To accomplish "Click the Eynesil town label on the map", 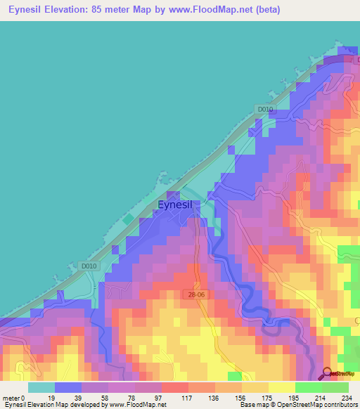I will (179, 205).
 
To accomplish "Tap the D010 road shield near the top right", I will (264, 109).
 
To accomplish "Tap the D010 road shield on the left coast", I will (88, 266).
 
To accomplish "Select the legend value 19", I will (51, 398).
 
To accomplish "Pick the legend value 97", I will (160, 398).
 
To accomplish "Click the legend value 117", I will (187, 398).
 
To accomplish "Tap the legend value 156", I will (241, 398).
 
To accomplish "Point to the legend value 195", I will (295, 398).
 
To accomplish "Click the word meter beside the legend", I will (11, 398).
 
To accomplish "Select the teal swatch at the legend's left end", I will (41, 387).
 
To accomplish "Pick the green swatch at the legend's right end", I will (335, 387).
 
